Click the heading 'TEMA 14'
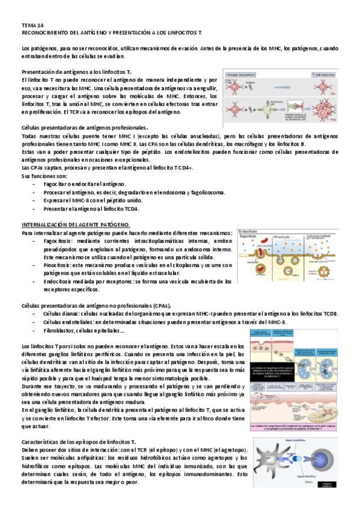point(29,26)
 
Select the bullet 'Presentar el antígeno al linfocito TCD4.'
point(91,209)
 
